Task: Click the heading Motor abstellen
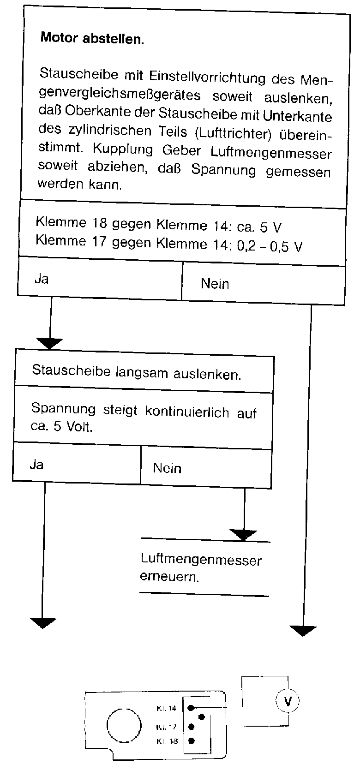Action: [92, 38]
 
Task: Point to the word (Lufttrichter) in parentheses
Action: [233, 133]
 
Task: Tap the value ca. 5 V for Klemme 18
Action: [259, 227]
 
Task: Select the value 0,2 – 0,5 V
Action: [270, 246]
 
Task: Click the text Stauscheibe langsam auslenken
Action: [137, 372]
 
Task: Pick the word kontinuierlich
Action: [187, 411]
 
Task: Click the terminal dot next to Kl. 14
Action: [190, 708]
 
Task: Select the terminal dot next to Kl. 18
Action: [191, 741]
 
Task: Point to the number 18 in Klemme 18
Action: [99, 222]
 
